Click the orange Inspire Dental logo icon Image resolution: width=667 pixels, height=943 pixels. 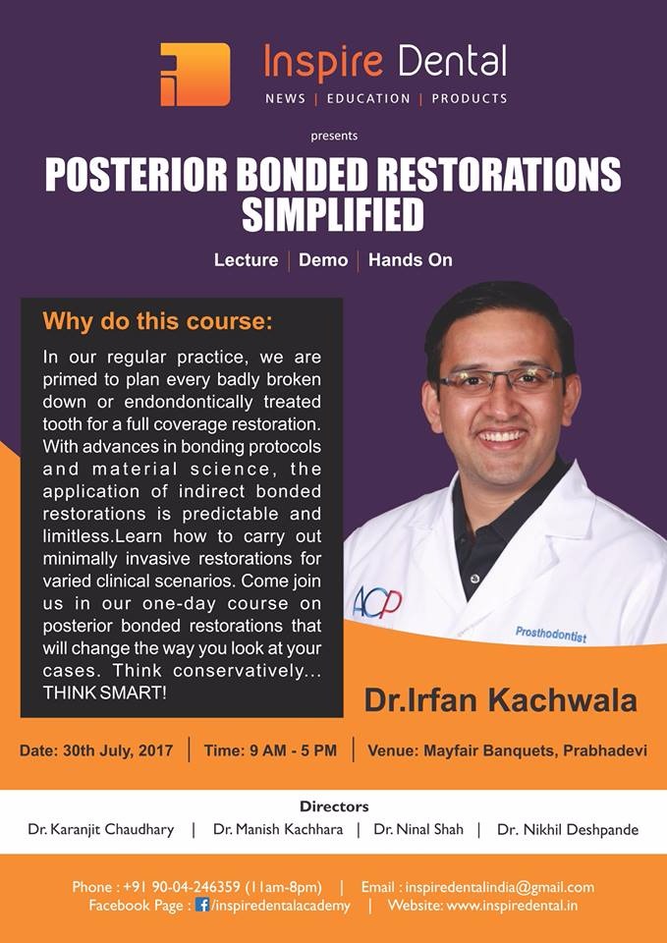[x=195, y=74]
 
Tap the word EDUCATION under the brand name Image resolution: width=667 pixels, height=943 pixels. [x=368, y=98]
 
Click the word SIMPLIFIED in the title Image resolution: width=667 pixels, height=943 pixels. [x=333, y=215]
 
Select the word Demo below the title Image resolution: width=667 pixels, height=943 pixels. [x=323, y=260]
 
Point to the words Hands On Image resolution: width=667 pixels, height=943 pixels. [x=411, y=260]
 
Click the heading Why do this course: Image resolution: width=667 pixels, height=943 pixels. [x=157, y=321]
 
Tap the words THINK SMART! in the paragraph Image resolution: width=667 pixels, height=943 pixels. [x=104, y=693]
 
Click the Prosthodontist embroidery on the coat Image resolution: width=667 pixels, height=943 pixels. [x=551, y=634]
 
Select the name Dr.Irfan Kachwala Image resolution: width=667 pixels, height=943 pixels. [x=500, y=701]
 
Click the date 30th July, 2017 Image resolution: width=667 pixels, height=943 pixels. [x=118, y=750]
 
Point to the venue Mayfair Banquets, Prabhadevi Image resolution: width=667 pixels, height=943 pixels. [x=535, y=750]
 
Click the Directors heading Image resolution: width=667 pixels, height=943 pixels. [x=334, y=805]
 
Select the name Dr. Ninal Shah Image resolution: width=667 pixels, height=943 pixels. [x=418, y=830]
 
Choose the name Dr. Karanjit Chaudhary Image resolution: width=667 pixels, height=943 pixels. [x=101, y=830]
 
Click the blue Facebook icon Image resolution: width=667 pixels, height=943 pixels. [x=202, y=905]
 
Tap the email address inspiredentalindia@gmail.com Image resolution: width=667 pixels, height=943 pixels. [x=500, y=887]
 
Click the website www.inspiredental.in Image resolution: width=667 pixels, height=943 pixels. [x=513, y=905]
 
